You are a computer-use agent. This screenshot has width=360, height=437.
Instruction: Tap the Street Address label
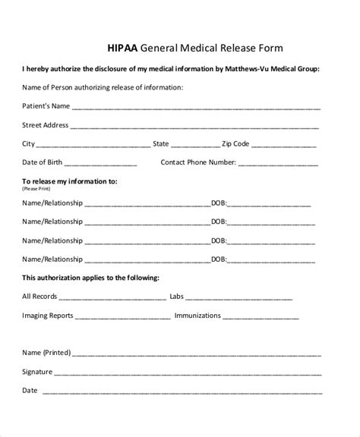point(46,124)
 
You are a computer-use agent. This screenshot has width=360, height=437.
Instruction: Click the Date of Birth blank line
point(101,163)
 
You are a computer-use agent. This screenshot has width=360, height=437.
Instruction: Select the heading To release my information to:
point(69,182)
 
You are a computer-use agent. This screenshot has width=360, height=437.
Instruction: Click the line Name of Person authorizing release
point(103,87)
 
